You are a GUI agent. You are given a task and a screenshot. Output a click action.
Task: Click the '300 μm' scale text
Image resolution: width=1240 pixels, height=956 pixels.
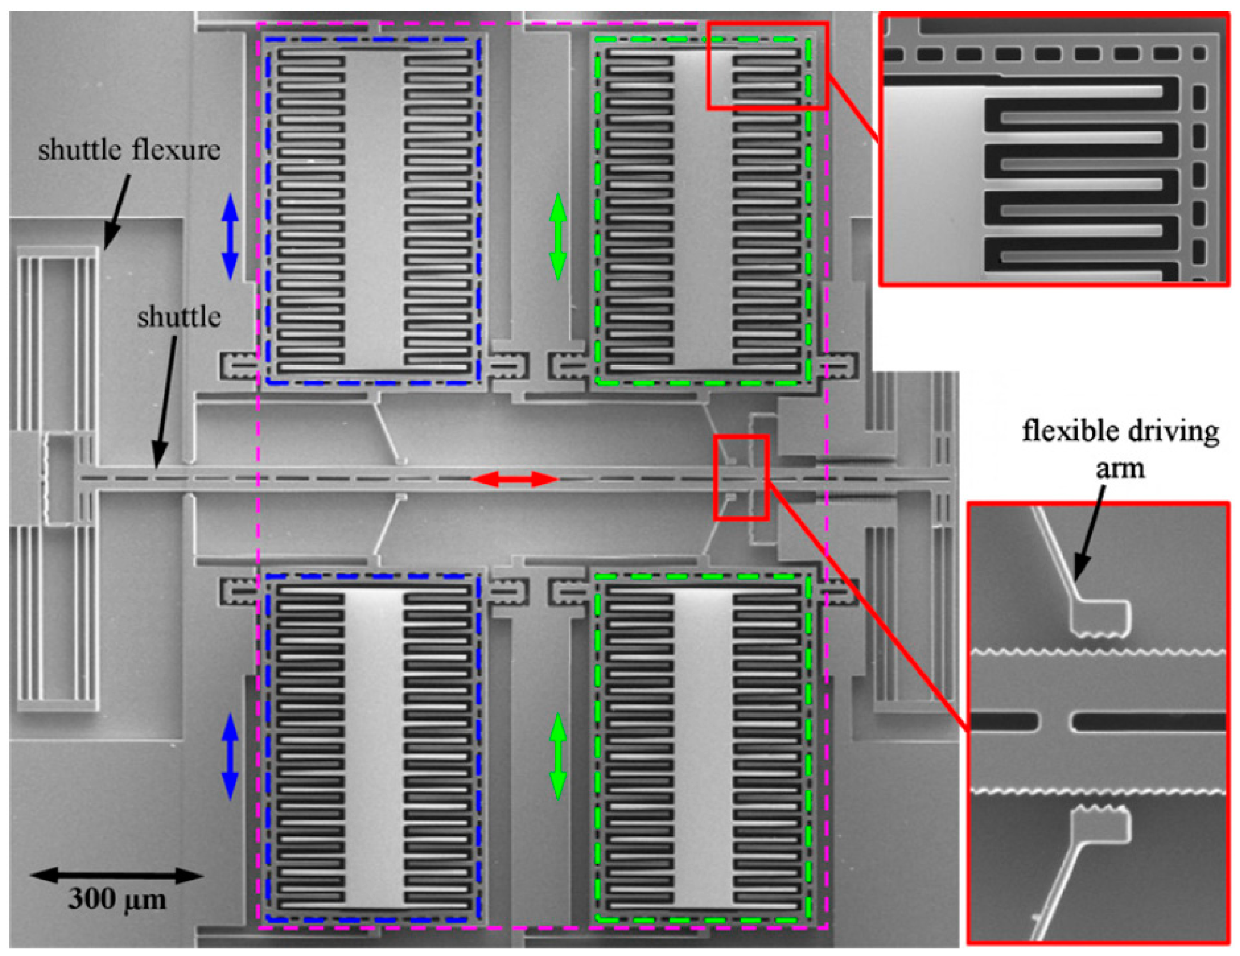pyautogui.click(x=117, y=899)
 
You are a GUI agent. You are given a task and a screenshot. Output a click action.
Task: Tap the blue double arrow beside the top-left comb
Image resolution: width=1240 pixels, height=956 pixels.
pyautogui.click(x=230, y=237)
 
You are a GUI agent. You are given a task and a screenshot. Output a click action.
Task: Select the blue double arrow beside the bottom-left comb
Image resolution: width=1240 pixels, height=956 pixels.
pyautogui.click(x=230, y=757)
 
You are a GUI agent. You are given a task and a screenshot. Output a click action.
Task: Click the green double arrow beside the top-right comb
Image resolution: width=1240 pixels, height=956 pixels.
pyautogui.click(x=558, y=237)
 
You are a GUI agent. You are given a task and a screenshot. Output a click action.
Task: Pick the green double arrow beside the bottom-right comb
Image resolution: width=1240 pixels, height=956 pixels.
pyautogui.click(x=558, y=757)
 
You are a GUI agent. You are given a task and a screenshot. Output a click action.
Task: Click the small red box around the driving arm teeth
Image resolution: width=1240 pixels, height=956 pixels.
pyautogui.click(x=741, y=477)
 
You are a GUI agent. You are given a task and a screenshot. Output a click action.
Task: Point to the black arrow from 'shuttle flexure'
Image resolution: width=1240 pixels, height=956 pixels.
pyautogui.click(x=118, y=210)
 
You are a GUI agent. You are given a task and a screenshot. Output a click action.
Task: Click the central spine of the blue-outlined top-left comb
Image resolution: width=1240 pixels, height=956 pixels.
pyautogui.click(x=374, y=210)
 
